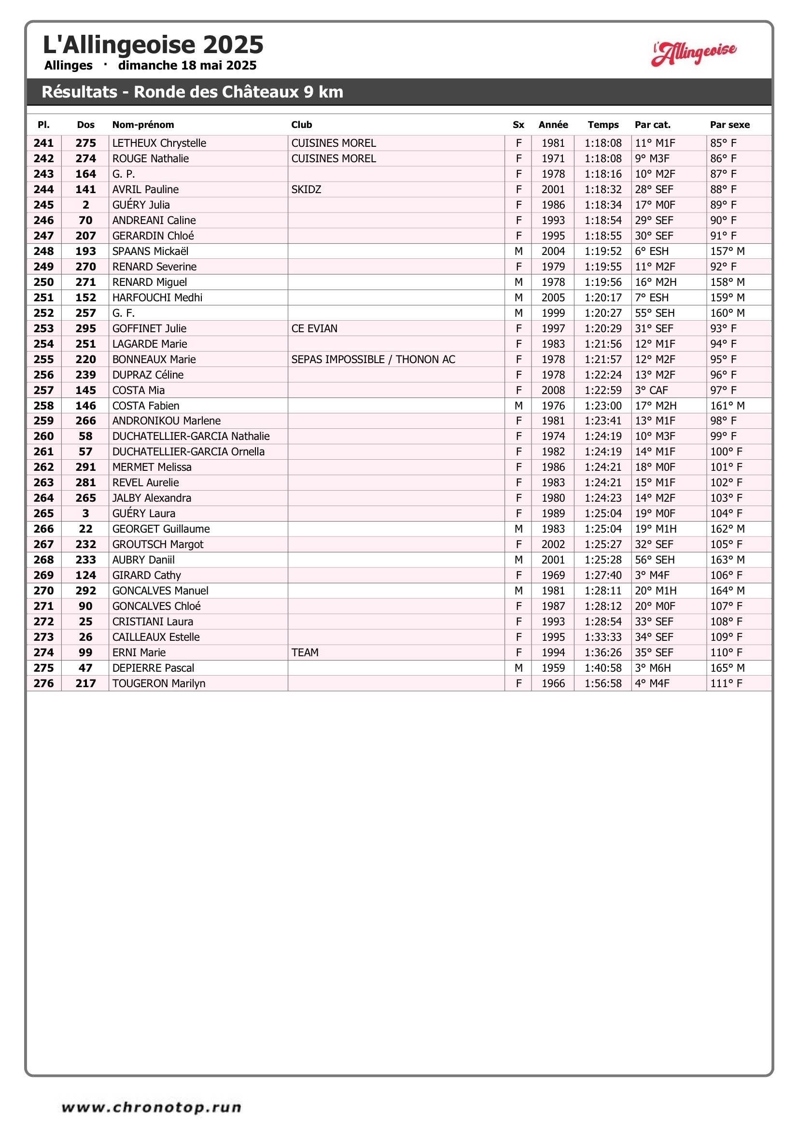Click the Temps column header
tap(603, 125)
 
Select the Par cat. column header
tap(652, 125)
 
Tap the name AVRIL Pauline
tap(145, 189)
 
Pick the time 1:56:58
tap(603, 683)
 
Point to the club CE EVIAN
tap(314, 328)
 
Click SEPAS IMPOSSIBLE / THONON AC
tap(373, 359)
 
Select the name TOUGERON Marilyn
tap(158, 683)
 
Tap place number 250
tap(44, 282)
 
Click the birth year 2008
tap(553, 391)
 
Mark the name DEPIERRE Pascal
tap(153, 668)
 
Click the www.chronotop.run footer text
tap(152, 1107)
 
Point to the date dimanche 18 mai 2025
tap(187, 65)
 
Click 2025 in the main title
tap(233, 45)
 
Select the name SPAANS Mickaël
tap(150, 251)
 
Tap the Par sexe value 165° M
tap(727, 668)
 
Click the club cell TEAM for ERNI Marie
tap(305, 652)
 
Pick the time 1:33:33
tap(603, 637)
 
